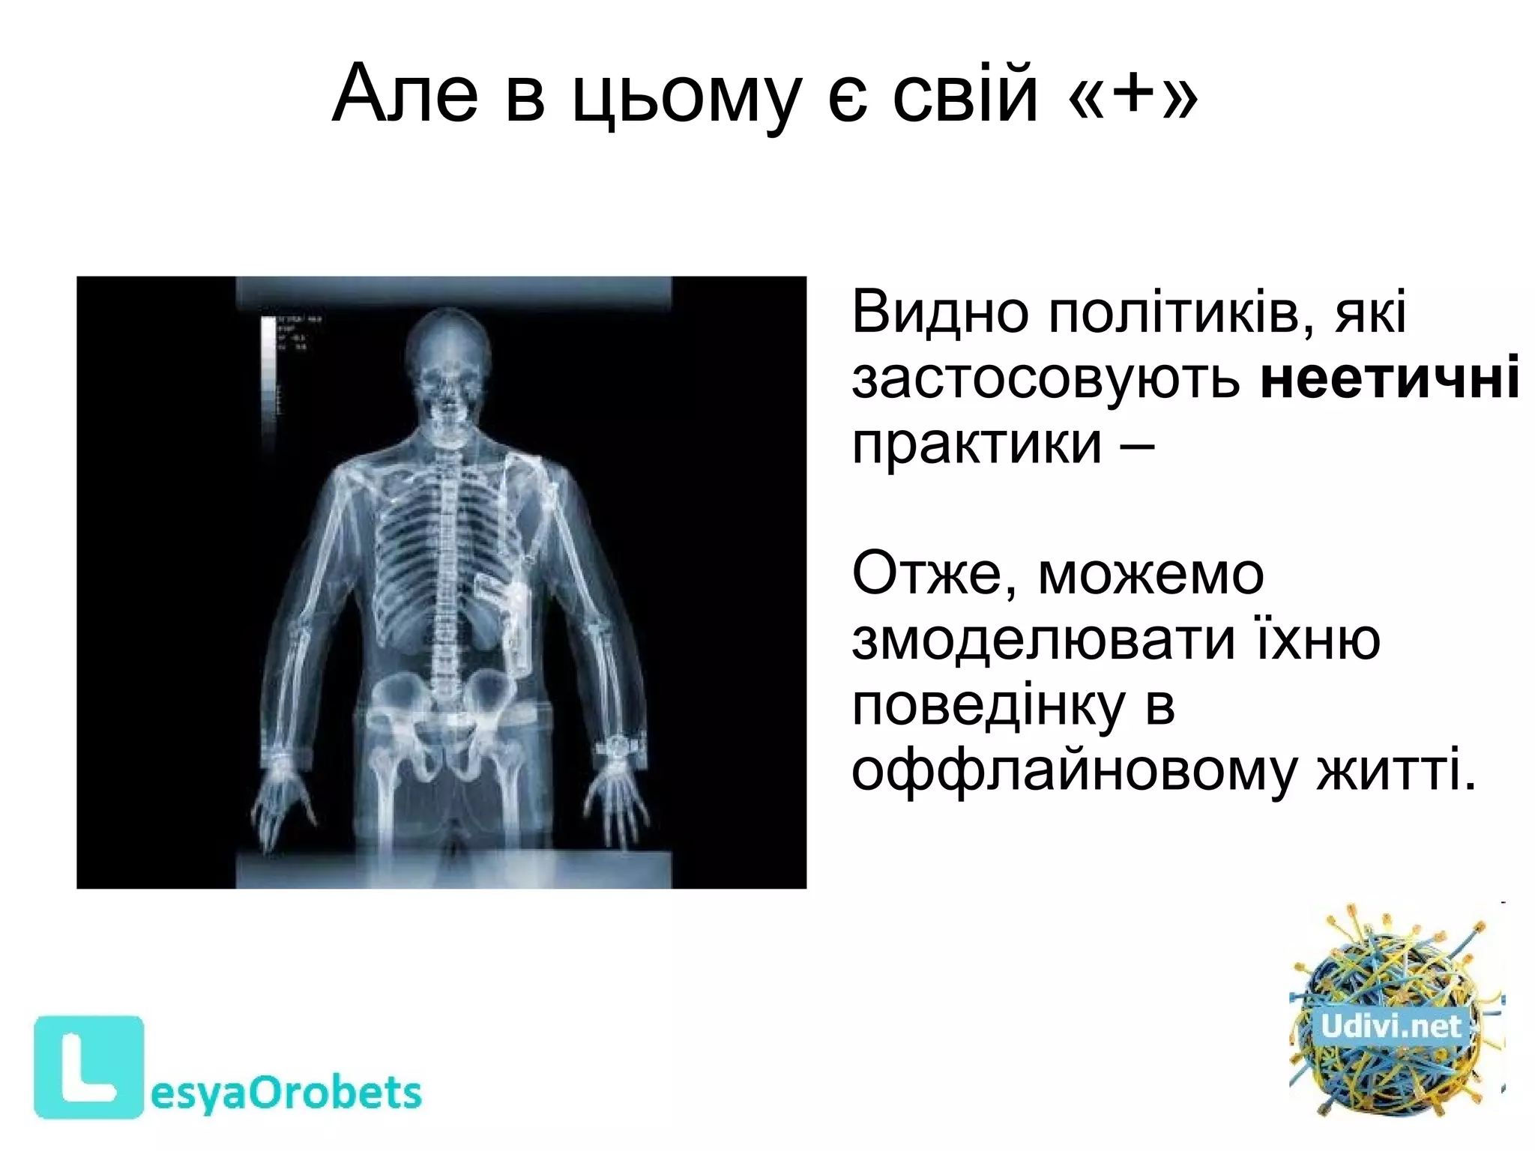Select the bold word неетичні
[1390, 377]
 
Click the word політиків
[1180, 312]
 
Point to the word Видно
[939, 312]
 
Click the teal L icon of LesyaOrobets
[88, 1066]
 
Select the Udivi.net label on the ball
[1390, 1026]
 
